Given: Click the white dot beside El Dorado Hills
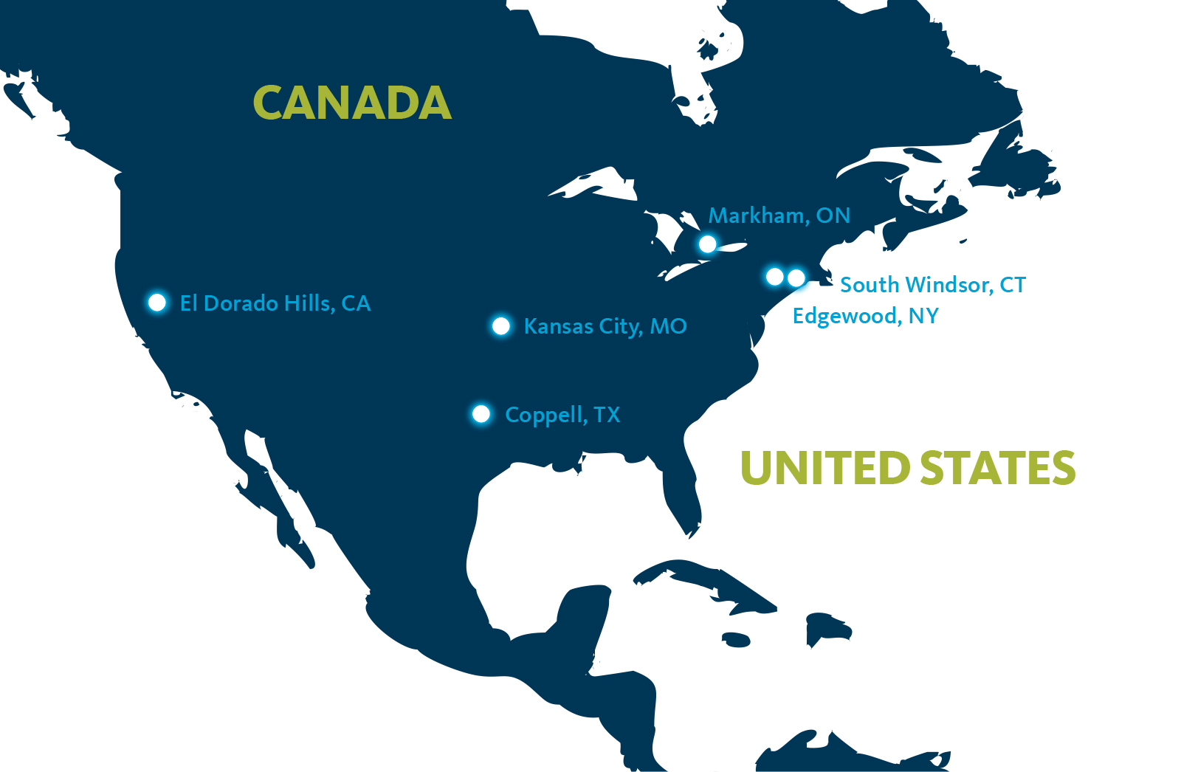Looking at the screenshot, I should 157,303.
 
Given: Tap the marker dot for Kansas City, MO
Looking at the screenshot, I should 501,326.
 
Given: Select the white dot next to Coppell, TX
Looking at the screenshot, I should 481,414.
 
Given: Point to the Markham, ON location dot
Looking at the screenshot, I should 707,244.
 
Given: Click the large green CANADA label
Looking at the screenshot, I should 352,103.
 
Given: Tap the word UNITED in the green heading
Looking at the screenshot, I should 824,468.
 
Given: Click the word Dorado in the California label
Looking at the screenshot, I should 235,303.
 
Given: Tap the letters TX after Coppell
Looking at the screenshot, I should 607,415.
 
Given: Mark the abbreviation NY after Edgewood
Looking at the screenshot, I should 923,316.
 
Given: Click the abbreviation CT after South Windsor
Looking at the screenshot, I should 1013,285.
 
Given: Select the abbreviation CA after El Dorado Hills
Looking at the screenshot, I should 356,303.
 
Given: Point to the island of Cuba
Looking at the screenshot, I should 709,579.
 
